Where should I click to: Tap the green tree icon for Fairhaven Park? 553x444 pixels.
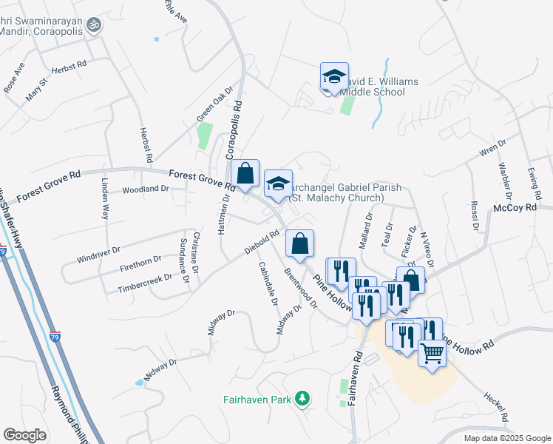click(302, 398)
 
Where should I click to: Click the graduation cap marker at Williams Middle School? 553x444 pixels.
click(334, 77)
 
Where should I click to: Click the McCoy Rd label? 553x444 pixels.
click(515, 209)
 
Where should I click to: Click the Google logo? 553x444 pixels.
click(24, 435)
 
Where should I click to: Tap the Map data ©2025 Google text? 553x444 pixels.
click(506, 438)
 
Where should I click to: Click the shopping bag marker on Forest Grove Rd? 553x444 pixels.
click(245, 175)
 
